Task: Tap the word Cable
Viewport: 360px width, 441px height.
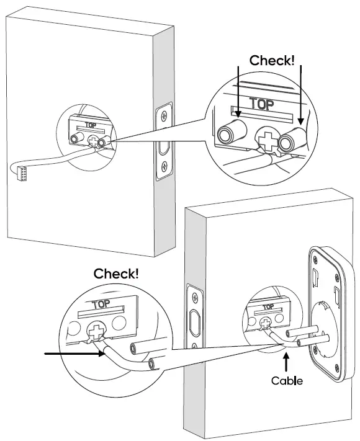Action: click(286, 380)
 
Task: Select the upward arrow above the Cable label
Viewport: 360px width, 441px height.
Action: click(286, 362)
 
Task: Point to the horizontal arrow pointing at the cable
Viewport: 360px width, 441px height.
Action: click(71, 354)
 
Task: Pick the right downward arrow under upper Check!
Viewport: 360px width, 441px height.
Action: click(301, 92)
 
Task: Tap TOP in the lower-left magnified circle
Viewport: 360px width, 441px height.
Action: click(100, 305)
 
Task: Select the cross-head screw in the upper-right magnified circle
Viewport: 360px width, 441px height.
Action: click(266, 141)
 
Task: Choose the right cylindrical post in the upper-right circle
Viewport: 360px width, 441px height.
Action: click(292, 142)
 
